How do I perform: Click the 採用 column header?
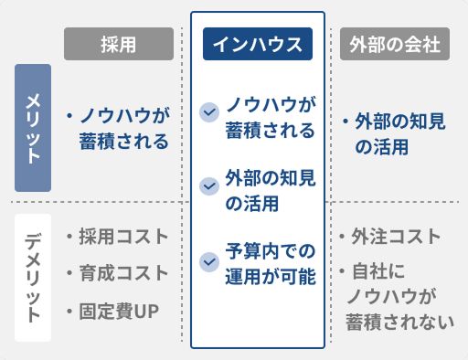tap(119, 44)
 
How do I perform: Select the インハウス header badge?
tap(257, 44)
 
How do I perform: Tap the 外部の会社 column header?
tap(395, 44)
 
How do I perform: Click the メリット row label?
tap(32, 127)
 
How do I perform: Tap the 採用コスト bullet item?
tap(119, 237)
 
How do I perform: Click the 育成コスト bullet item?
tap(119, 273)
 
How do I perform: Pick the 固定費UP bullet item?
tap(115, 312)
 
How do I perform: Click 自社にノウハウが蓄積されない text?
tap(398, 297)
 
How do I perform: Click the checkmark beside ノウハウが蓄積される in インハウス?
tap(209, 114)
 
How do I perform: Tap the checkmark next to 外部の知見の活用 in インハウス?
tap(209, 186)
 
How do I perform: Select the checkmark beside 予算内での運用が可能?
tap(209, 261)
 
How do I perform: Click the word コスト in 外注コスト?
tap(412, 238)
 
